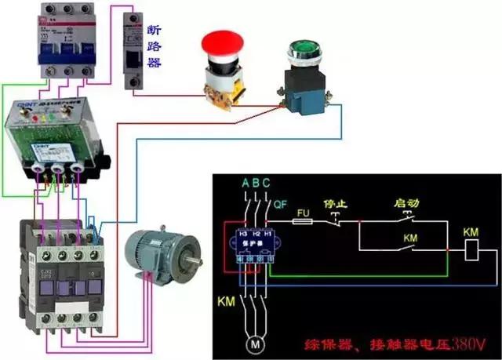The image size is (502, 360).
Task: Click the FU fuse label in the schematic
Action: click(304, 212)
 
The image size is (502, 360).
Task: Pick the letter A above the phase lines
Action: click(245, 184)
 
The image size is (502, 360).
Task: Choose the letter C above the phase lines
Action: click(267, 184)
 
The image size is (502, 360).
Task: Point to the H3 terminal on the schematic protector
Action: click(242, 233)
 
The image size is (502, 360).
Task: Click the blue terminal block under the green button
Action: click(303, 99)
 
